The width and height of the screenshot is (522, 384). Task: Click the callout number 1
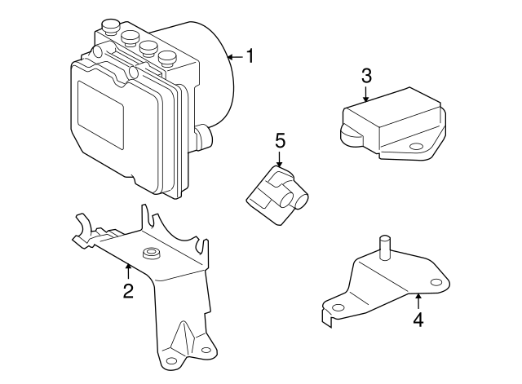click(251, 56)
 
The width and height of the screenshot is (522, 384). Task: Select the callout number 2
click(128, 291)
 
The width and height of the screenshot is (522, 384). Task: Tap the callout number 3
click(366, 76)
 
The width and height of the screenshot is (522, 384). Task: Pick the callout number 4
click(418, 320)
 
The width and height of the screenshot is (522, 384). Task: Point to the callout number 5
click(280, 140)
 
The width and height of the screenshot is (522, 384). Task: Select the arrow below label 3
click(366, 95)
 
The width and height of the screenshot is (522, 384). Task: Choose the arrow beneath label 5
click(280, 159)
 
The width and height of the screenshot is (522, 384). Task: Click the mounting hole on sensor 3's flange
click(417, 148)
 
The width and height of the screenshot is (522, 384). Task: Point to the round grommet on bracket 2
click(149, 254)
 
